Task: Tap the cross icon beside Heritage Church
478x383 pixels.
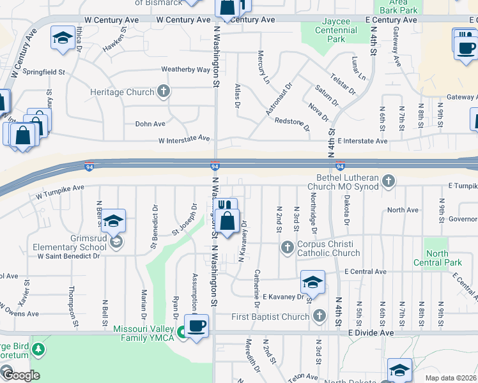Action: click(164, 91)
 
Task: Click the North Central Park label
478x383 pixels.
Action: click(436, 258)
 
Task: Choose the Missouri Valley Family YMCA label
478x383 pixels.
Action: click(144, 333)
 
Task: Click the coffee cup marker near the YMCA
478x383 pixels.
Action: click(197, 325)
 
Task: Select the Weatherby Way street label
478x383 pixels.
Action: click(186, 69)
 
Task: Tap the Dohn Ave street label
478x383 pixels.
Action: click(150, 124)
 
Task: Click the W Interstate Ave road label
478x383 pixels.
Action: click(184, 139)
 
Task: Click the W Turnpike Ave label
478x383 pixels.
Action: click(60, 188)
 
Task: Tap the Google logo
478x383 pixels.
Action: click(20, 375)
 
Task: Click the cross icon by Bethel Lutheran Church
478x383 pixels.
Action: click(388, 182)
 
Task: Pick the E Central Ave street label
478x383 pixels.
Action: click(365, 272)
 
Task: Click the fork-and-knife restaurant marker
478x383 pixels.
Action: click(224, 206)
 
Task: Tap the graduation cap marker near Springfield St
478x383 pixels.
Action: click(63, 37)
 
